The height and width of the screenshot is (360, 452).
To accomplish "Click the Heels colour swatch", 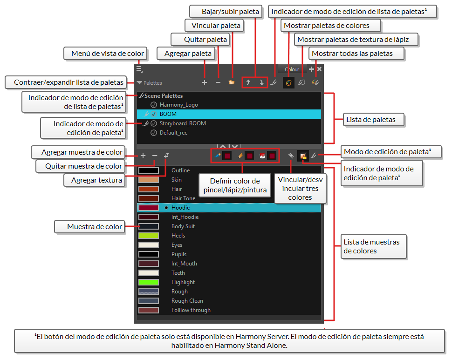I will tap(149, 236).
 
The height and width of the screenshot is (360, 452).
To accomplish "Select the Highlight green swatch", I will tap(149, 282).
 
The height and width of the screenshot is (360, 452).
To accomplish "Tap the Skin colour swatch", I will tap(149, 180).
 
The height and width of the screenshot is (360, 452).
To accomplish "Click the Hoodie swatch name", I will tap(180, 208).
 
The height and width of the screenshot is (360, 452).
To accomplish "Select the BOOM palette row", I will tap(228, 114).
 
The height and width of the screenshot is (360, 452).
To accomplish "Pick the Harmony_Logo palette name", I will tap(178, 105).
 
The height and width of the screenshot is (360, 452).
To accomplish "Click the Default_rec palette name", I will tap(173, 133).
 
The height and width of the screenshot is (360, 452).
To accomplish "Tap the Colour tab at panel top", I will tap(292, 69).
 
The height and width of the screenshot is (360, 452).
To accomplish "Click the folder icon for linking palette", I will tap(231, 82).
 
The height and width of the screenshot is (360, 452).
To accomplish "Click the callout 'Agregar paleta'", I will tap(188, 54).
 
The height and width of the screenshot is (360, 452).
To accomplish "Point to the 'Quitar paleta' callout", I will tap(199, 40).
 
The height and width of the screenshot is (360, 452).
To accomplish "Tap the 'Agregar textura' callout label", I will tap(96, 180).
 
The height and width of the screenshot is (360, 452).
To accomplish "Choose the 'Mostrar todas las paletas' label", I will tap(352, 54).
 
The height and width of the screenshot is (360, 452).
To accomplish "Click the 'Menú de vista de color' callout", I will tap(105, 54).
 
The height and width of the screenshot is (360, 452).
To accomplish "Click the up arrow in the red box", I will tap(248, 82).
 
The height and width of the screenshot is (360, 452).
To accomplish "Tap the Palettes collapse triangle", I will tap(140, 83).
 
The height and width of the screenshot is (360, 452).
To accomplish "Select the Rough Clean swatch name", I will tap(187, 301).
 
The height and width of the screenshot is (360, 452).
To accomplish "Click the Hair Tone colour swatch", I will tap(149, 198).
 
